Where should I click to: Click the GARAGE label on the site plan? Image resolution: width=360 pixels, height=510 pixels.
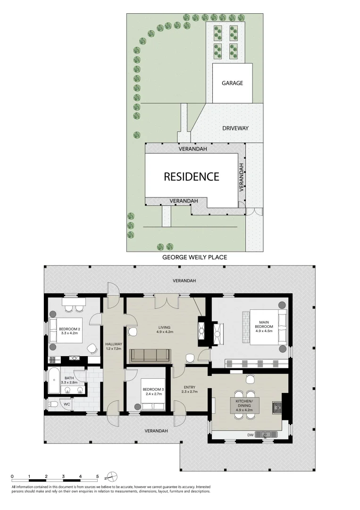point(232,83)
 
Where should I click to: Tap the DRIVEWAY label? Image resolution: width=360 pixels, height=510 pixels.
point(235,128)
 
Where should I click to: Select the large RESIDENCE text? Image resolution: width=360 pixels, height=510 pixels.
point(191,177)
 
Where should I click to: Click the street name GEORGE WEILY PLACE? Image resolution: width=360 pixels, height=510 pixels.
point(194,257)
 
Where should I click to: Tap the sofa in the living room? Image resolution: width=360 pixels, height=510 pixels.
point(150,355)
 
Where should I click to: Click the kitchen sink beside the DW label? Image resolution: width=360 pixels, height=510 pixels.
point(267,434)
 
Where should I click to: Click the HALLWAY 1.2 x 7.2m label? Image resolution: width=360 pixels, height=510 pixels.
point(114,347)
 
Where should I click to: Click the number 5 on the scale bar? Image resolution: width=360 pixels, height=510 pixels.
point(98,476)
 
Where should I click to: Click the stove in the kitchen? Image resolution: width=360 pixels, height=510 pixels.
point(276,406)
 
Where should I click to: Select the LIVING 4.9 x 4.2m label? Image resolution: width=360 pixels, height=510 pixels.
point(164,330)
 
